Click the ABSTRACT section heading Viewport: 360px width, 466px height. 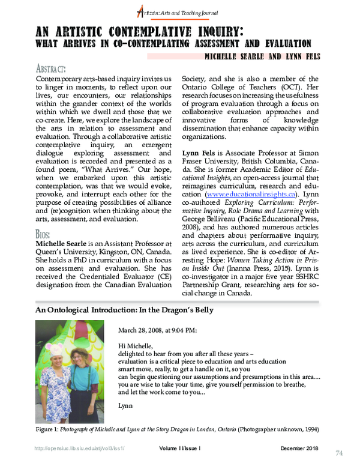[51, 68]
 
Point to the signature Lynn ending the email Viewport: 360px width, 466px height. [125, 407]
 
